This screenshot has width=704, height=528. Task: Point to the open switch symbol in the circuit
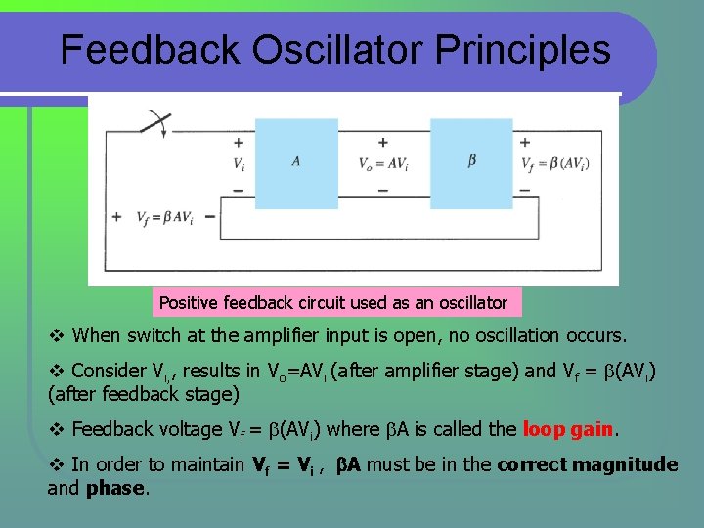click(154, 124)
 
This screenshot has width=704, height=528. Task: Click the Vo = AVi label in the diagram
click(382, 164)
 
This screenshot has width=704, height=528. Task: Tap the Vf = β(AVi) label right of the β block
click(554, 164)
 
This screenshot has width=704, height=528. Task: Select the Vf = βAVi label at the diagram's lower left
click(164, 218)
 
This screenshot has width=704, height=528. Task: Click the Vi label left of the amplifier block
click(239, 164)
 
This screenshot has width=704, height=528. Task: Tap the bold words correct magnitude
click(587, 464)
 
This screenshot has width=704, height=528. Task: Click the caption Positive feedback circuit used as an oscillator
click(333, 303)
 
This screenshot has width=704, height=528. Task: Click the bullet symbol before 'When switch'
click(56, 336)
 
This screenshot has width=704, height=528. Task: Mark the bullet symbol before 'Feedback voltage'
click(56, 429)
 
